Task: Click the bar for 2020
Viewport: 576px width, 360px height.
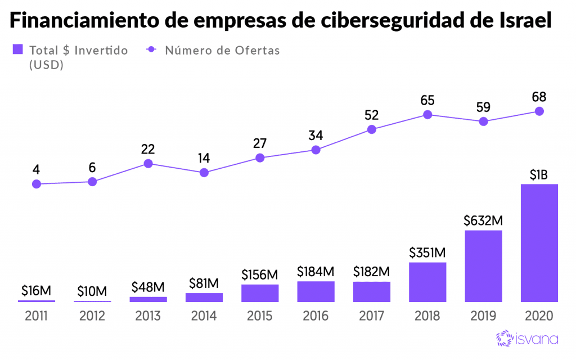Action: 539,243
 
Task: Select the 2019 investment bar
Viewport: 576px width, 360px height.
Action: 483,266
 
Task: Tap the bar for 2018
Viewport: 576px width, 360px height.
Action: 427,282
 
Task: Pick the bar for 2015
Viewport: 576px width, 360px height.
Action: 260,293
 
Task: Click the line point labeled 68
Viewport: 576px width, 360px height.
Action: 539,111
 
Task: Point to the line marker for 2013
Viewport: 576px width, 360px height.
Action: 148,164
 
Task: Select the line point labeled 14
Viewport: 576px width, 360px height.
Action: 204,173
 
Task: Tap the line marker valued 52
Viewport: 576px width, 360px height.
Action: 372,129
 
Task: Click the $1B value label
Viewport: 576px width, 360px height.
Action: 539,175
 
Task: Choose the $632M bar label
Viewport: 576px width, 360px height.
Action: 483,220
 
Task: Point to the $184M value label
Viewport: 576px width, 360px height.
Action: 316,272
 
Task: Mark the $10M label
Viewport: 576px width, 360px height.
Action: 92,291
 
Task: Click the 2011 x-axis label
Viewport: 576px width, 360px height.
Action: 36,316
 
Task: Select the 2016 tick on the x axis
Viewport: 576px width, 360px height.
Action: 316,316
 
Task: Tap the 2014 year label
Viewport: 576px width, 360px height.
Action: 204,316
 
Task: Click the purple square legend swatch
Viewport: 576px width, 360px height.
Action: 17,49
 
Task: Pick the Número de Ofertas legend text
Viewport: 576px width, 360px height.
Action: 222,50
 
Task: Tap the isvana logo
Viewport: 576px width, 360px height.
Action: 526,338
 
